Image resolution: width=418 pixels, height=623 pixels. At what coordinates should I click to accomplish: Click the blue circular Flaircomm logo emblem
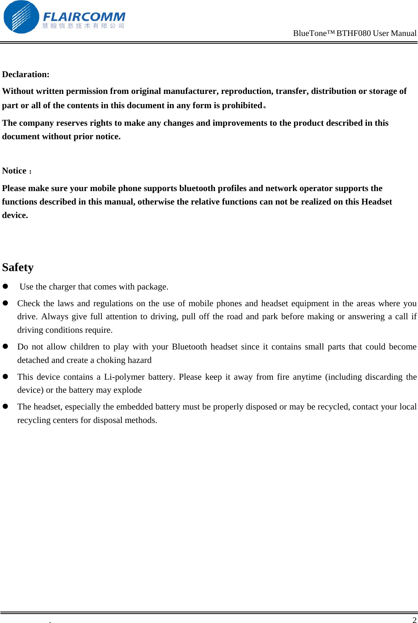pos(21,17)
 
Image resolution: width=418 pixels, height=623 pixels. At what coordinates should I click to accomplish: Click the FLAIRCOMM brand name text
pos(84,17)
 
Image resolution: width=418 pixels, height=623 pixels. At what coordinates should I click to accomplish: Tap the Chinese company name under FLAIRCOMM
pos(83,26)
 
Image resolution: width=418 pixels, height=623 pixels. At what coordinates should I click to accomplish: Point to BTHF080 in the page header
pos(353,33)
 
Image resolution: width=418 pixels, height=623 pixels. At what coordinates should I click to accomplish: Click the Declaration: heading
pos(26,74)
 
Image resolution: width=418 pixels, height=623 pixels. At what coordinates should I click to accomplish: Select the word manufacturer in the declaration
pos(191,91)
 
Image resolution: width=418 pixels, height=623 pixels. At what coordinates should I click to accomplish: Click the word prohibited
pos(242,105)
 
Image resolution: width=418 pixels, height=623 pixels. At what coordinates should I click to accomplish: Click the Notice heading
pos(15,171)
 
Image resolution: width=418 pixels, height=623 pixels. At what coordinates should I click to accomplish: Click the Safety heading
pos(18,267)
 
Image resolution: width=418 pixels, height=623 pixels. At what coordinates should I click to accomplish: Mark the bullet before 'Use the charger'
pos(6,287)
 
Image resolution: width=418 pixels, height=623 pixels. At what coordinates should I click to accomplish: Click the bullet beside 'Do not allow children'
pos(6,346)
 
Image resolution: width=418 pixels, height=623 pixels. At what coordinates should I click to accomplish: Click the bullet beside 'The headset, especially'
pos(6,407)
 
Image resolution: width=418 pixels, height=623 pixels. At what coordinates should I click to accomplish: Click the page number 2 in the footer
pos(414,620)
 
